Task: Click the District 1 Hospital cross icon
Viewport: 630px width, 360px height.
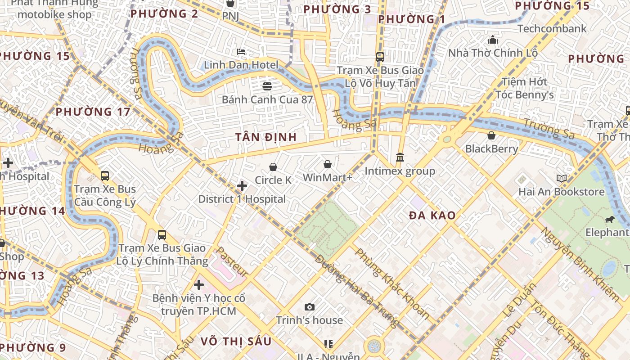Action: (242, 186)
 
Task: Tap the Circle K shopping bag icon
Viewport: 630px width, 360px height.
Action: (273, 167)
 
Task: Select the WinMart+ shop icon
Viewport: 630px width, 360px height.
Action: (328, 165)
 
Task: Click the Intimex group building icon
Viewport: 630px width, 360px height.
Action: (400, 157)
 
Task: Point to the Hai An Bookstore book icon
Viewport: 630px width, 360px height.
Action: (562, 179)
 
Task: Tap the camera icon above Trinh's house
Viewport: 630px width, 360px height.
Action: (310, 307)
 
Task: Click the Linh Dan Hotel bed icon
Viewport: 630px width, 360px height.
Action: (241, 52)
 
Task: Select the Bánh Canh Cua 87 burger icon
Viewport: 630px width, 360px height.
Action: (267, 86)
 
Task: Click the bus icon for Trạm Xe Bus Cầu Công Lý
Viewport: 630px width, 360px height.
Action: (105, 176)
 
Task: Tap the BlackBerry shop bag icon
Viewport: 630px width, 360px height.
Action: (491, 135)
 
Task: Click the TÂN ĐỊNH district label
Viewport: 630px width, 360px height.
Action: (266, 137)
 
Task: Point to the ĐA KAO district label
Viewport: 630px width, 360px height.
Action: (432, 216)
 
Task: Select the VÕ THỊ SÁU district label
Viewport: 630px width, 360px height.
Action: (236, 341)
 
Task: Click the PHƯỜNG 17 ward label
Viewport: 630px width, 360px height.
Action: (93, 112)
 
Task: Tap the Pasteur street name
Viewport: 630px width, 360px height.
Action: (232, 261)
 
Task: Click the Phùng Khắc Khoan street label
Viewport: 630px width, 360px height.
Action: (392, 283)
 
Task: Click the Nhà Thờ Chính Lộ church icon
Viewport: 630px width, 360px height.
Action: (493, 40)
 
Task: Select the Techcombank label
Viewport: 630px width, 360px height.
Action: (552, 29)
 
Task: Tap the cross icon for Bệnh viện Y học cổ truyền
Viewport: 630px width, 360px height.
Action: (199, 285)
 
